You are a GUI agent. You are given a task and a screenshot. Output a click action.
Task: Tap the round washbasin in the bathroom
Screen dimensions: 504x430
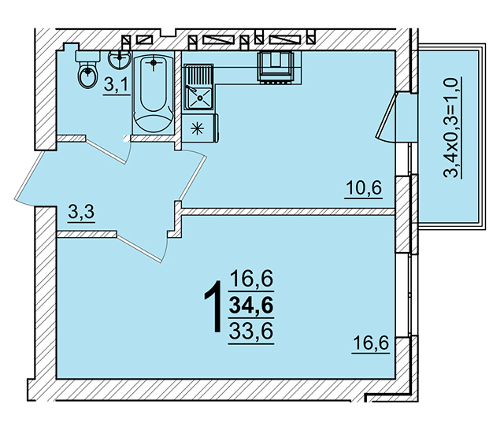120,59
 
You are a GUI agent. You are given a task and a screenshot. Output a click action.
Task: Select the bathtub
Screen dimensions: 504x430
154,93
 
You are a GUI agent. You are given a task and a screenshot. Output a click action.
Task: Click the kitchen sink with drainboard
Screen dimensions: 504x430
198,87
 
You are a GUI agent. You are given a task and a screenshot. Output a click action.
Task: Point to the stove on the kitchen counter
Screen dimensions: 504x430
276,66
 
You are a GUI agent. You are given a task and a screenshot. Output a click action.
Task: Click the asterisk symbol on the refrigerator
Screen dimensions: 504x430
198,129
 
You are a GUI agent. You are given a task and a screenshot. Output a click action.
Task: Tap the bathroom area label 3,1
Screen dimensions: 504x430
116,86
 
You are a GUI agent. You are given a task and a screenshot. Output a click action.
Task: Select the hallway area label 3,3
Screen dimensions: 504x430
81,213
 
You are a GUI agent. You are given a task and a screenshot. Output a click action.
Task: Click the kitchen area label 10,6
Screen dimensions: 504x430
364,188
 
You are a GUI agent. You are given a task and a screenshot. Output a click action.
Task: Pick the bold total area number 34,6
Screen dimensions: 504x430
251,305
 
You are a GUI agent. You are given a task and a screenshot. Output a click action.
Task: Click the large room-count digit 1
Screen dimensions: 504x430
213,306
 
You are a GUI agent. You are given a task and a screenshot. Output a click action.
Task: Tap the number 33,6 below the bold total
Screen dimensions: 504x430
251,331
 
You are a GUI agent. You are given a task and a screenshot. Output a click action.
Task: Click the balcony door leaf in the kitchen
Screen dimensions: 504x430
386,116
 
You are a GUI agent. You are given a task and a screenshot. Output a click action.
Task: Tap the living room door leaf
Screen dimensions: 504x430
139,248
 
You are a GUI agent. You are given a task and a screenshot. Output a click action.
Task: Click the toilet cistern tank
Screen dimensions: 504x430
87,56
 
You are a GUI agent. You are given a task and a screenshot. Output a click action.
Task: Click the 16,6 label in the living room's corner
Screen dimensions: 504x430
371,343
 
